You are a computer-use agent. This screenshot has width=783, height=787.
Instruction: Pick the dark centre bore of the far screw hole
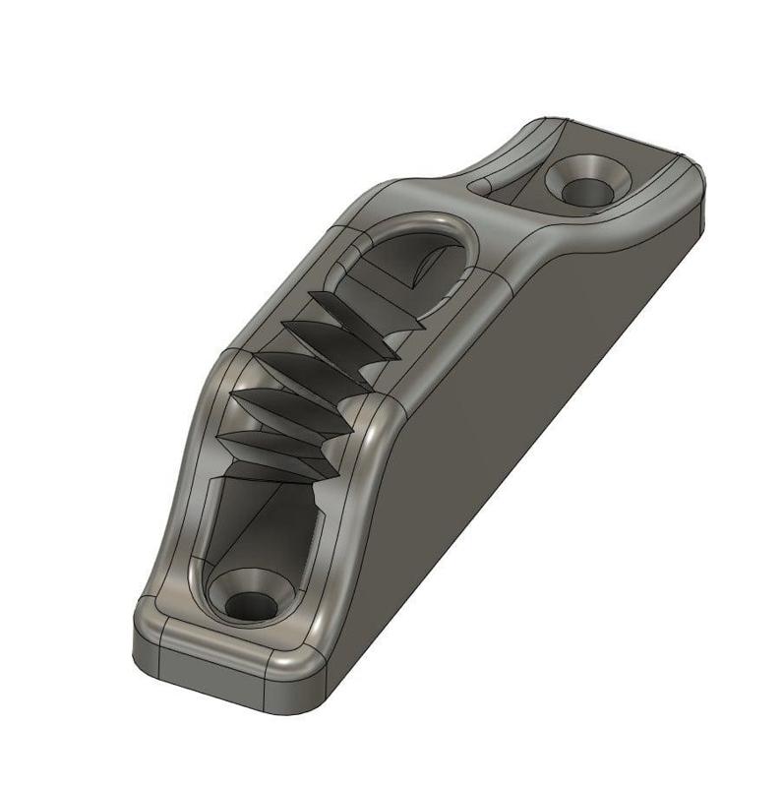point(587,185)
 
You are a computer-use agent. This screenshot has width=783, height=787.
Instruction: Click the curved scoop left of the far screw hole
point(512,157)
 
